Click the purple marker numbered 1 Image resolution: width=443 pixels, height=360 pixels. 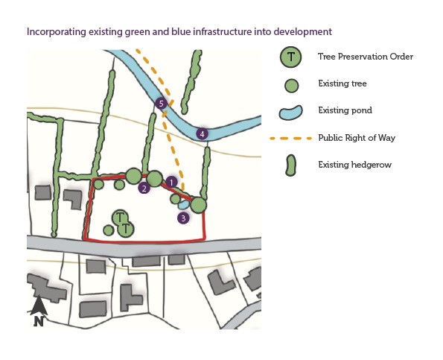tap(171, 182)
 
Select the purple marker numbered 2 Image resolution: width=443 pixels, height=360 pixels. tap(144, 188)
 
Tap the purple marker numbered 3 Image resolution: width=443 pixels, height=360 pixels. tap(183, 218)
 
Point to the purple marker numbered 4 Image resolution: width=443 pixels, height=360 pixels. tap(202, 134)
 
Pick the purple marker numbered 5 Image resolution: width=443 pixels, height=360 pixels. tap(161, 104)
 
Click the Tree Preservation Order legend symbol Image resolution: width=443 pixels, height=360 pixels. tap(290, 57)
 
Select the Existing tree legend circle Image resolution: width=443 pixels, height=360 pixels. tap(291, 86)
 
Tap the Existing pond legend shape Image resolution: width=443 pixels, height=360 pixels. tap(290, 113)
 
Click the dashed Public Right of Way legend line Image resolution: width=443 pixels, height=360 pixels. tap(290, 139)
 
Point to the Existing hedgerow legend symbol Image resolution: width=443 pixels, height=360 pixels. tap(290, 165)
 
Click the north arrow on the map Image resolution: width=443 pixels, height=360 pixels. tap(39, 306)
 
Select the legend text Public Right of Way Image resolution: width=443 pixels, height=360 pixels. tap(357, 138)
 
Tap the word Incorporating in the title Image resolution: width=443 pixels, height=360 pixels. tap(57, 31)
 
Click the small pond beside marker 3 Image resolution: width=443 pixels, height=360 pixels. tap(184, 204)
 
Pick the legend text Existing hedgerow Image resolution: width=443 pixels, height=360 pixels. tap(355, 165)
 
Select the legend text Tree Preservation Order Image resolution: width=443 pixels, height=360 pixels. tap(366, 57)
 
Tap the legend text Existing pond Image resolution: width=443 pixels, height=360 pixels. tap(345, 110)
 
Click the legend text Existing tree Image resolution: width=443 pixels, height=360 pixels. tap(342, 83)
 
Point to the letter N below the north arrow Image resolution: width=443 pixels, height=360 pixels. tap(39, 321)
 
